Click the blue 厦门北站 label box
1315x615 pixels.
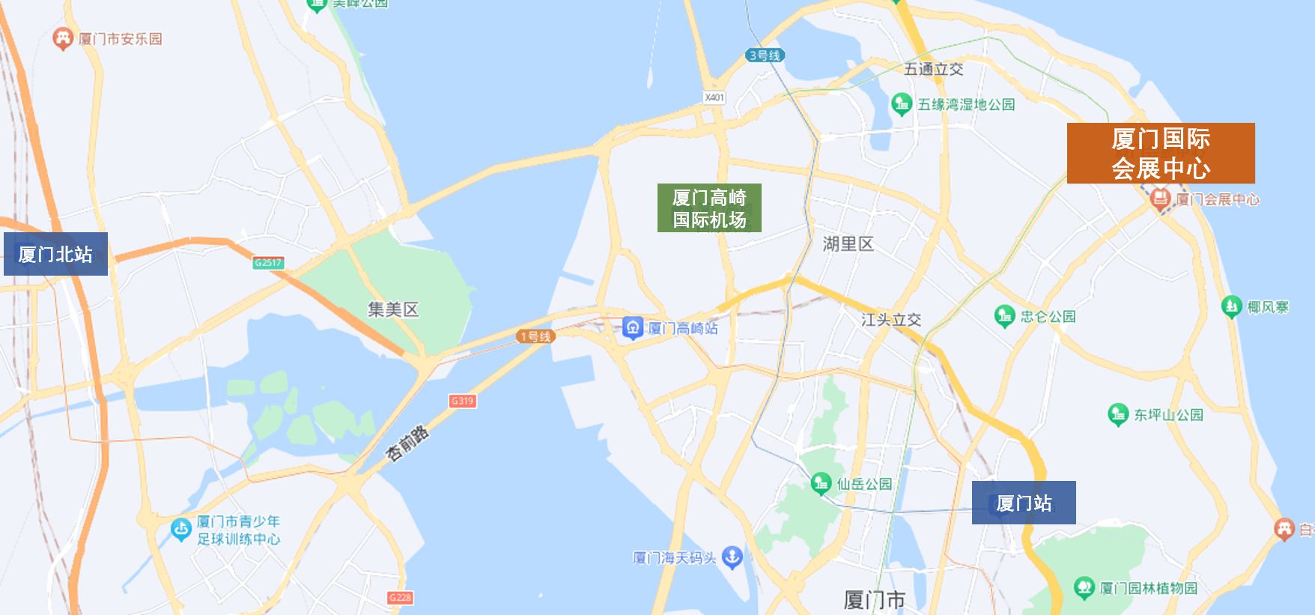[x=55, y=254]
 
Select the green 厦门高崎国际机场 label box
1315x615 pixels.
[x=709, y=208]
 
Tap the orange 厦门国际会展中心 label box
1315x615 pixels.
[x=1160, y=154]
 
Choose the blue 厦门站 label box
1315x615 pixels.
[x=1023, y=503]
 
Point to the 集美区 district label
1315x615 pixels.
[x=393, y=309]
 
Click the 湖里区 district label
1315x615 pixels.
[x=848, y=244]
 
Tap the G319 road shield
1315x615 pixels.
[x=462, y=401]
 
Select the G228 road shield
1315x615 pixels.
[x=400, y=598]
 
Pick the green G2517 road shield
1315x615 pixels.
[x=267, y=263]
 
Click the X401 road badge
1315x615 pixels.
[x=714, y=97]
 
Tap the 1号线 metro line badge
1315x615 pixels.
[x=535, y=336]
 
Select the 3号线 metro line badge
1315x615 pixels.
[x=765, y=55]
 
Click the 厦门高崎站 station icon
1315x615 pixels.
[x=633, y=327]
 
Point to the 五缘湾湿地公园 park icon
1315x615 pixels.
[x=902, y=104]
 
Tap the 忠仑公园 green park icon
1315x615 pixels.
[x=1004, y=316]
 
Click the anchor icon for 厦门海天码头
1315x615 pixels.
[x=732, y=557]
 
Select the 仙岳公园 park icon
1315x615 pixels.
[x=821, y=483]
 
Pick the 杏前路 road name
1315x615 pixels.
[x=407, y=443]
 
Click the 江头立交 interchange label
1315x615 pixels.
[x=890, y=320]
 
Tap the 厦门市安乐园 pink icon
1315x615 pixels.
[x=63, y=38]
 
